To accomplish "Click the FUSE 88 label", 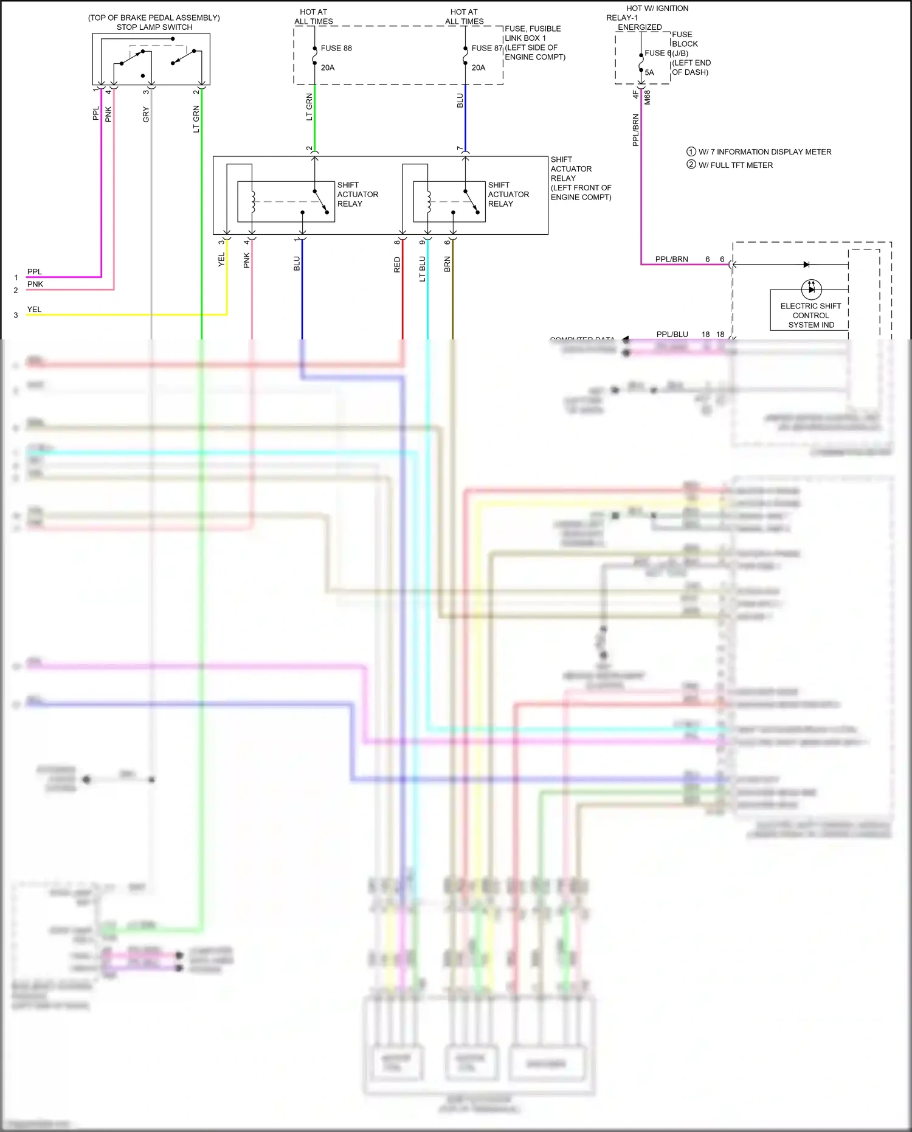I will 336,48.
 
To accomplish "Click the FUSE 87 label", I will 486,48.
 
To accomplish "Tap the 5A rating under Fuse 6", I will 649,72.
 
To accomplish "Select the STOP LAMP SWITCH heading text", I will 154,27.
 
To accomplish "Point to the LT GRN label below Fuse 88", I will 309,107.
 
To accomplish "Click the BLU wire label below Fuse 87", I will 460,101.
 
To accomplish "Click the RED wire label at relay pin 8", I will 397,265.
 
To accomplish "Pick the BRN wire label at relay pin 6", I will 447,265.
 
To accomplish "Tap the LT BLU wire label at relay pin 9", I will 423,268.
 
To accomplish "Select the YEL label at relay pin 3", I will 221,260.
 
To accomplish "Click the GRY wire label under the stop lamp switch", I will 146,114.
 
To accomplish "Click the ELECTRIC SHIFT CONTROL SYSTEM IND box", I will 810,315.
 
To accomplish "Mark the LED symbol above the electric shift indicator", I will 811,289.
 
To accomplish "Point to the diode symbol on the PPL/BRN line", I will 806,265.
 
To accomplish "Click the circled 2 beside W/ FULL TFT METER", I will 691,165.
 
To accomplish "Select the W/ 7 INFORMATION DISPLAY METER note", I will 764,152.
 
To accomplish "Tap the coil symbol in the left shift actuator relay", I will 252,201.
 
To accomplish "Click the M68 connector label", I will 648,97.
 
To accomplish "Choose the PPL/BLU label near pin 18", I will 672,335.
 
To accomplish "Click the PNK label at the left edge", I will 35,284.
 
